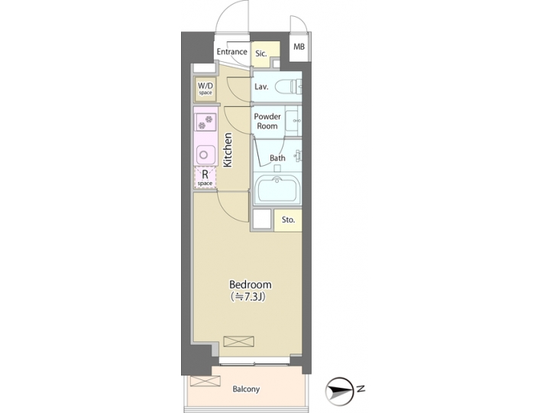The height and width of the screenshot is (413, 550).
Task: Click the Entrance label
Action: pos(231,52)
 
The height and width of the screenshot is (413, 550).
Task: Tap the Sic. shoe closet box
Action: pos(261,54)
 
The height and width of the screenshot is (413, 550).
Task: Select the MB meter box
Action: pos(299,47)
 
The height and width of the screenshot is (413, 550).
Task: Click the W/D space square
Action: pos(205,89)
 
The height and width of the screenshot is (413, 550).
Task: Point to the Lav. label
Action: pos(261,87)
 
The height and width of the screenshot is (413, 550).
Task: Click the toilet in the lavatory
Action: pos(288,86)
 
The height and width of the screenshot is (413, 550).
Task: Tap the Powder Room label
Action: pos(267,122)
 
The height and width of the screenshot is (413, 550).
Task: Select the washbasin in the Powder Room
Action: pos(294,121)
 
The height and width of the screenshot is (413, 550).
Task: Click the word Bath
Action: pos(277,158)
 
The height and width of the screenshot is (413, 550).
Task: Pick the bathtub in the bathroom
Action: pos(278,189)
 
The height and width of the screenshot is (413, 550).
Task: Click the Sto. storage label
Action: pos(288,220)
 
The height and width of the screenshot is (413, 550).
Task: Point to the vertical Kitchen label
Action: pos(228,149)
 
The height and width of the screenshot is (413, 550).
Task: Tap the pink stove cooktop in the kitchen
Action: pos(205,122)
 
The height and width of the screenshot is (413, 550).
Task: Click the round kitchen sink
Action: pos(205,154)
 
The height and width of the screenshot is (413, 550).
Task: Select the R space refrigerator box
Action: pos(205,177)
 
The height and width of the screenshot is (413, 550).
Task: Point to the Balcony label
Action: pos(246,389)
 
